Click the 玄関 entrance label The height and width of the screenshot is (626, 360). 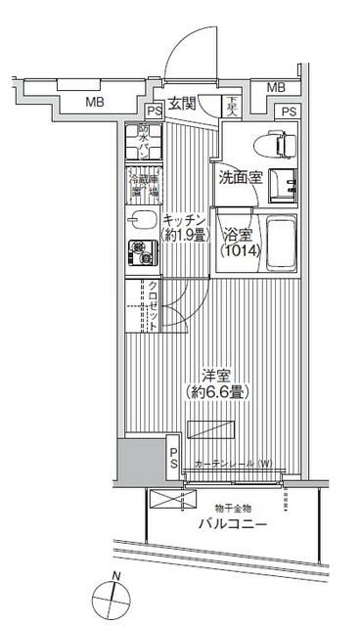point(183,105)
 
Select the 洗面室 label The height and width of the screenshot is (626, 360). point(238,178)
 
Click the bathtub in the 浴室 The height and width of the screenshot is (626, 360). point(279,244)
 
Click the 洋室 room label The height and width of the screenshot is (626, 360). point(216,375)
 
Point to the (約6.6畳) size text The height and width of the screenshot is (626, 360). point(216,391)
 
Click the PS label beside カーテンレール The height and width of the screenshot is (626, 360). point(172,458)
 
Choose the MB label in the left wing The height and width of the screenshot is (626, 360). point(93,102)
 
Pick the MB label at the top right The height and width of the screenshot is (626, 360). point(277,87)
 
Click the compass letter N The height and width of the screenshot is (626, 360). point(116,575)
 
